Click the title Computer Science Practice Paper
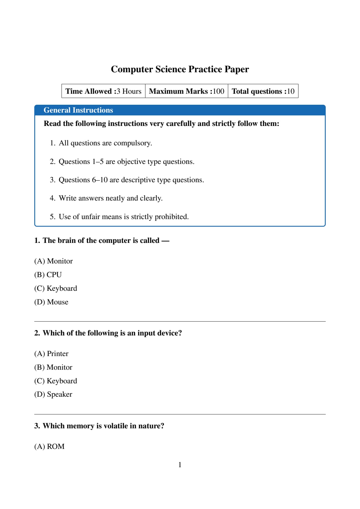[x=180, y=69]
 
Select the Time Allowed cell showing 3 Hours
[x=103, y=91]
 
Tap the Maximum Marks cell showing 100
[x=186, y=91]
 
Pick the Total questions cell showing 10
[x=263, y=91]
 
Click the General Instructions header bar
[x=180, y=110]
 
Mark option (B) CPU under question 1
[x=48, y=275]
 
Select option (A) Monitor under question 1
[x=53, y=261]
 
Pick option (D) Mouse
[x=51, y=302]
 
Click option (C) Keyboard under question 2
[x=56, y=381]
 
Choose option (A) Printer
[x=51, y=354]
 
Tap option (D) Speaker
[x=53, y=394]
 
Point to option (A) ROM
[x=49, y=447]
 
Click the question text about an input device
[x=108, y=333]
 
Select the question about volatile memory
[x=99, y=426]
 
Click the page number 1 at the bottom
[x=180, y=465]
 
